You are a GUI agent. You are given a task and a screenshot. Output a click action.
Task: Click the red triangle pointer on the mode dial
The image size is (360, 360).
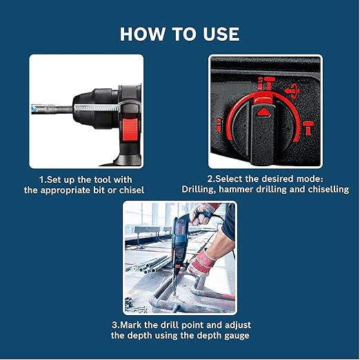(263, 110)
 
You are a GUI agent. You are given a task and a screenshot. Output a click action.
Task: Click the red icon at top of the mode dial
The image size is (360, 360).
(263, 84)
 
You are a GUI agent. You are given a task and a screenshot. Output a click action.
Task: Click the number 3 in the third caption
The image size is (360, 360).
(114, 325)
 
